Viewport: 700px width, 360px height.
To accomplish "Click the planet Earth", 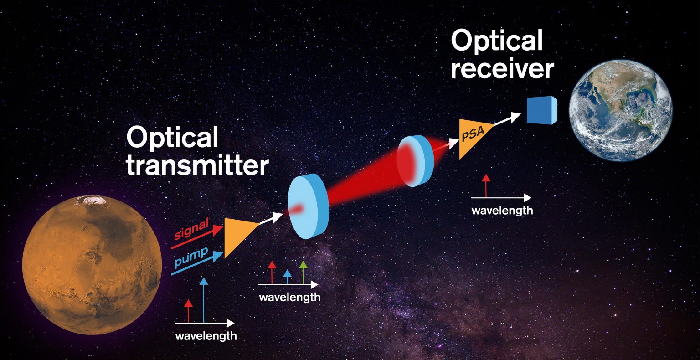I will point(620,110).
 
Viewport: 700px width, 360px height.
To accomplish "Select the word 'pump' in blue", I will point(190,255).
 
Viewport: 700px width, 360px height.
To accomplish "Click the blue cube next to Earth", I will point(542,110).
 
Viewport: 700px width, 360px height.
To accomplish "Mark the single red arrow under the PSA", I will point(486,186).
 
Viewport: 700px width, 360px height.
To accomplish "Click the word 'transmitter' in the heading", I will point(197,167).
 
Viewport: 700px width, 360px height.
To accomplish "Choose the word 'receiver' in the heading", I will point(502,70).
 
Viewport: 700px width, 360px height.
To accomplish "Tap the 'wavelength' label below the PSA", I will point(501,211).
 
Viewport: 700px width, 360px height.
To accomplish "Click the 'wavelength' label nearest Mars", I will point(206,336).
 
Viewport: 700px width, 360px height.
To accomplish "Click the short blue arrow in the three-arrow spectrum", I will point(287,276).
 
